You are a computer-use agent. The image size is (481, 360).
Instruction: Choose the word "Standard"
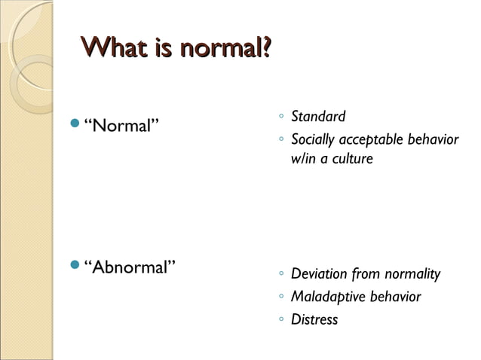(x=317, y=117)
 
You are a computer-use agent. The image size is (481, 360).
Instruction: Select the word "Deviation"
(x=319, y=273)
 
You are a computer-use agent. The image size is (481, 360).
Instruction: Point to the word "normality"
(x=412, y=274)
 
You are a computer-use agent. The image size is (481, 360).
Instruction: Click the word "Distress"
(x=314, y=320)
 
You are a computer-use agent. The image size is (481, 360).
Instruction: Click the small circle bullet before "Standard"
(x=280, y=117)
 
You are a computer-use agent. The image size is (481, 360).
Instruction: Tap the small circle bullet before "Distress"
(x=280, y=320)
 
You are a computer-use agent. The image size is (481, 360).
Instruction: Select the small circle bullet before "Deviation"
(x=280, y=273)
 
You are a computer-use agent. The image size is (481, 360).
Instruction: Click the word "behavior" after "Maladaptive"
(x=395, y=297)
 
